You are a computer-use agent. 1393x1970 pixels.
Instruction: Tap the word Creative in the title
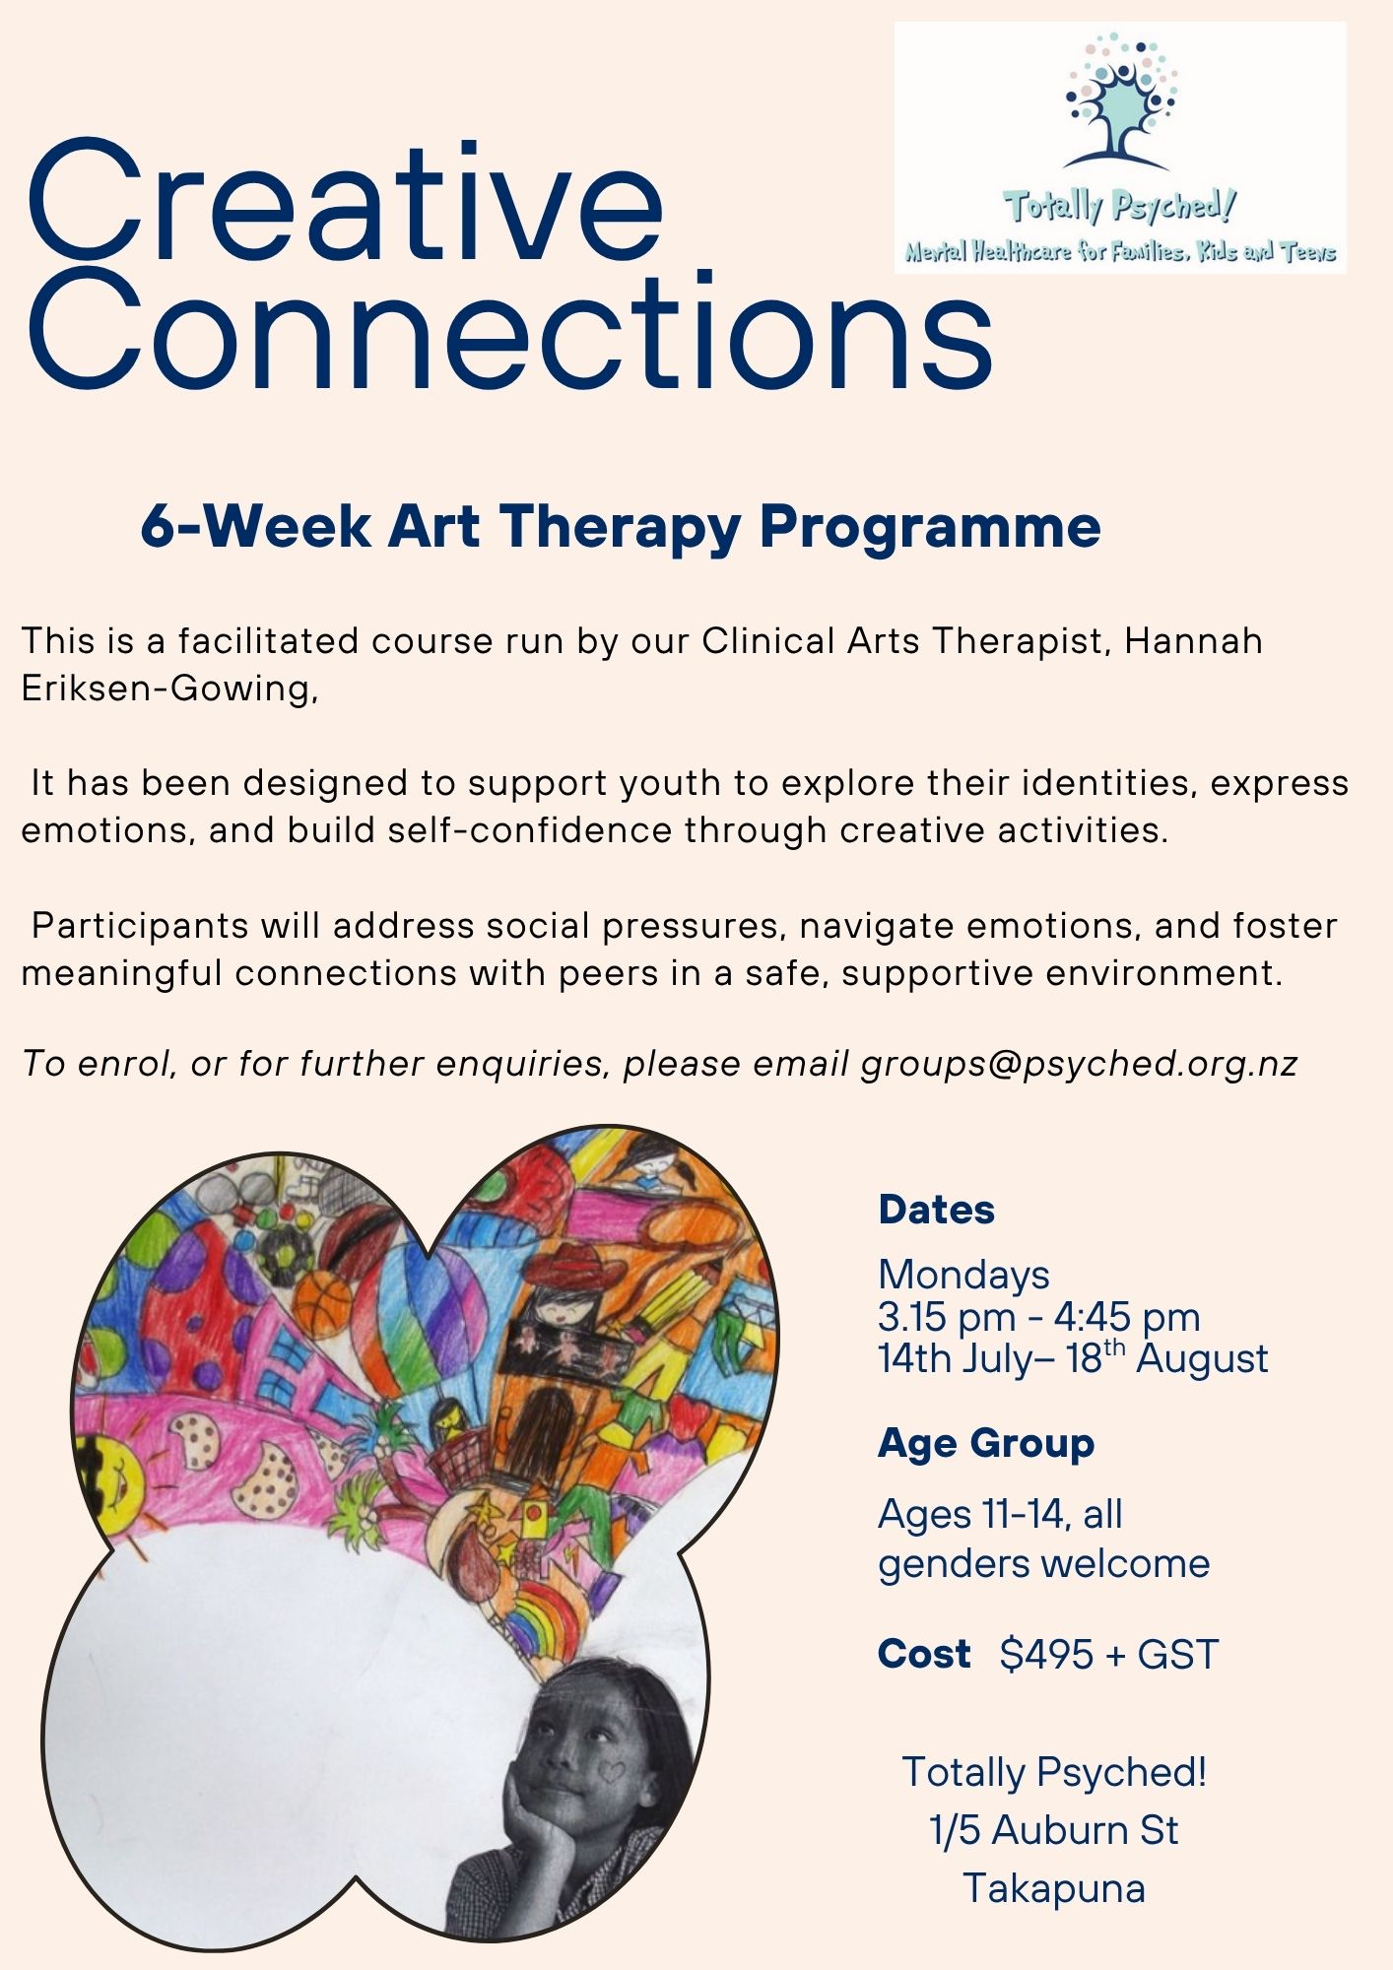coord(346,204)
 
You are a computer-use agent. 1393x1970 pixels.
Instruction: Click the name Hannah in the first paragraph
coord(1193,641)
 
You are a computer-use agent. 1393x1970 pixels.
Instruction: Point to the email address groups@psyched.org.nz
coord(1079,1065)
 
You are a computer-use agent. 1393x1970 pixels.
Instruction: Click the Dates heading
coord(936,1210)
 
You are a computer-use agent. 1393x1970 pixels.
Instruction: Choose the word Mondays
coord(963,1275)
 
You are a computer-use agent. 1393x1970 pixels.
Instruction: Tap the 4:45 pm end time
coord(1127,1318)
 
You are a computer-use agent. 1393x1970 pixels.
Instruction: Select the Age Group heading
coord(986,1444)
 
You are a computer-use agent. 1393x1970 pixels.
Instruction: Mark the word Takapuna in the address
coord(1054,1889)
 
